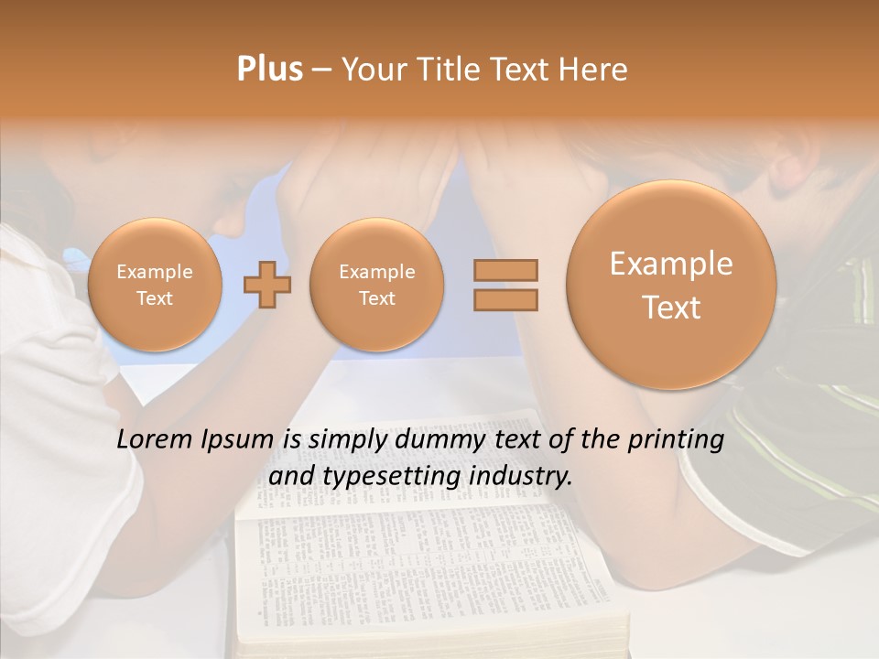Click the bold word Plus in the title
269,70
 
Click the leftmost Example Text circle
155,285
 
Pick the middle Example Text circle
376,285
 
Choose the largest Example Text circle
671,285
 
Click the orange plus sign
267,285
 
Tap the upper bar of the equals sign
505,270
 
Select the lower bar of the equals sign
505,300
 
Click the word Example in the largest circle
671,265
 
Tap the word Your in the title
374,70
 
